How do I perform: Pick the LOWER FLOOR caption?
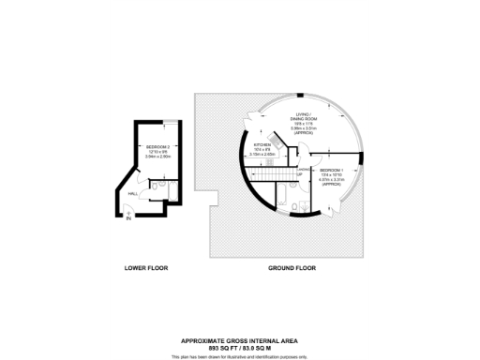[144, 268]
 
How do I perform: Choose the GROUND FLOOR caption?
[292, 268]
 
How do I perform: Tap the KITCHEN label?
[262, 145]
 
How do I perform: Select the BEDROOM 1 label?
[331, 169]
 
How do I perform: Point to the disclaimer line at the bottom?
[240, 356]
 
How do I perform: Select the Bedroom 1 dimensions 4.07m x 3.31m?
[331, 179]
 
